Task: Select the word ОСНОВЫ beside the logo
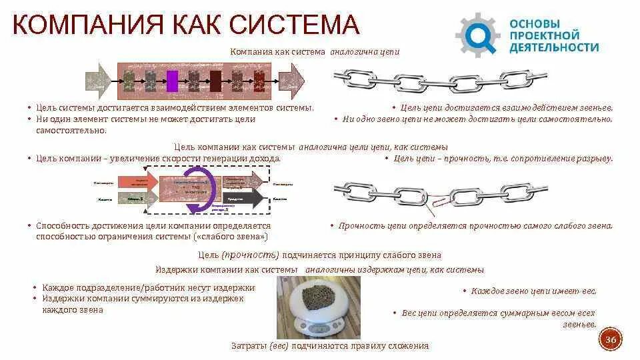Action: [x=535, y=22]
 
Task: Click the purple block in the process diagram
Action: [x=172, y=81]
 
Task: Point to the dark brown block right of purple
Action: [x=215, y=81]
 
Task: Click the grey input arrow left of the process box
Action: [x=99, y=81]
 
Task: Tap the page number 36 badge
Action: [x=610, y=341]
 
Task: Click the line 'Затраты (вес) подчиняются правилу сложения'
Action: [x=329, y=346]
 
